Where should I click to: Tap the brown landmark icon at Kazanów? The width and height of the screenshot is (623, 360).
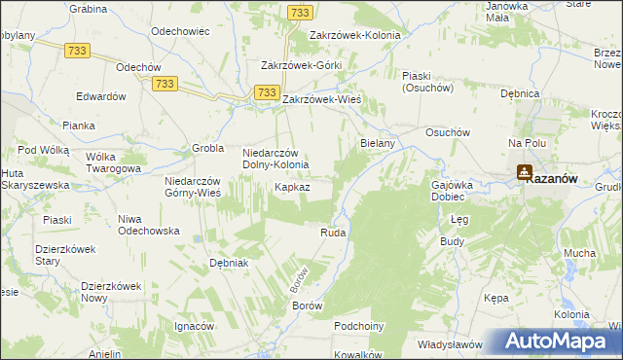pyautogui.click(x=525, y=173)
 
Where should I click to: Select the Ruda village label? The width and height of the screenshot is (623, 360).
pyautogui.click(x=333, y=234)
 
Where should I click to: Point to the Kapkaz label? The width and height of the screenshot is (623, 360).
pyautogui.click(x=292, y=186)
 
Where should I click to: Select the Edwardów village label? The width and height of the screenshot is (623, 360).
pyautogui.click(x=102, y=96)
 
